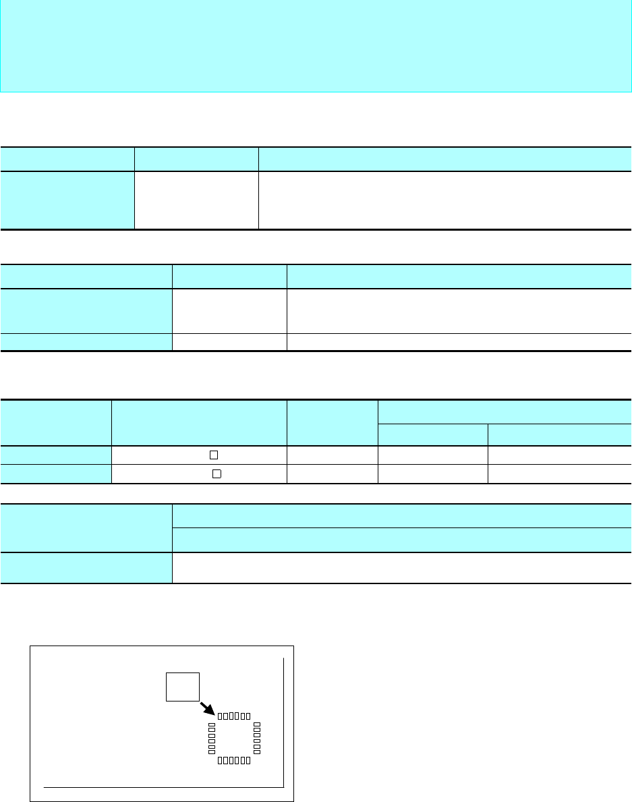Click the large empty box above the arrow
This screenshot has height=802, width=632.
coord(183,686)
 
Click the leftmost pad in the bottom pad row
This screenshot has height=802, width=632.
coord(220,760)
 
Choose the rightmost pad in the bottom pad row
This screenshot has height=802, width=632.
coord(248,760)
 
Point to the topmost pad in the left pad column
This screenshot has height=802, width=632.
coord(212,724)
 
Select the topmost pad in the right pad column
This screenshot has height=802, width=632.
coord(257,724)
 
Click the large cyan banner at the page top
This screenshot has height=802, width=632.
coord(316,46)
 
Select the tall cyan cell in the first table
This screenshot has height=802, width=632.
coord(67,200)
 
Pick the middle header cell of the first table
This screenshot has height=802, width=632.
coord(196,159)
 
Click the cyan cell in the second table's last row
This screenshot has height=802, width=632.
coord(86,342)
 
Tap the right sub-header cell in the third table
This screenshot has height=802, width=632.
coord(560,435)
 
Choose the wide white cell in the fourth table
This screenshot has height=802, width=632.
coord(402,568)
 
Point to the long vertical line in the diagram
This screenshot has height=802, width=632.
coord(284,722)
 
